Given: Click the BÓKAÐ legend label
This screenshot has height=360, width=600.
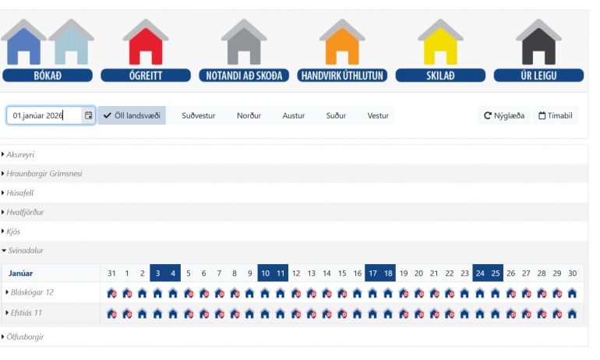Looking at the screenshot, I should click(48, 76).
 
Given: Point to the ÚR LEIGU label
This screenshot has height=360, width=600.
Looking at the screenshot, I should click(538, 76).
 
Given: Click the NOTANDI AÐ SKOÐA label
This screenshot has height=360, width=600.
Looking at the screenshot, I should click(244, 76).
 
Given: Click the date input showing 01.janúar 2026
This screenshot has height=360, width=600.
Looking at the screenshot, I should click(44, 115).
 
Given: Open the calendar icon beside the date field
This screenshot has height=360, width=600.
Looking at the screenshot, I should click(88, 115).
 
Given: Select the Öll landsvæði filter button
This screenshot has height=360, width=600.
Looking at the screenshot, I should click(132, 115).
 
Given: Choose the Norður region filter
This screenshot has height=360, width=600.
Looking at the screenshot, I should click(249, 115).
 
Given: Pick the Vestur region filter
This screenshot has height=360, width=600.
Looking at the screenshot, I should click(378, 115).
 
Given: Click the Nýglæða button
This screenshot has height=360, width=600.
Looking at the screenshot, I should click(504, 115).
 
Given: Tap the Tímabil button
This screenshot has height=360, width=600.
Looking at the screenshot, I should click(556, 115).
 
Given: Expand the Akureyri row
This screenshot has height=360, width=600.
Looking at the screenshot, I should click(20, 154).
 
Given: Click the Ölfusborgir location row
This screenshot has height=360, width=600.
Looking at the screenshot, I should click(25, 337).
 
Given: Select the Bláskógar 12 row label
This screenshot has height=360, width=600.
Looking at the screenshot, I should click(32, 292).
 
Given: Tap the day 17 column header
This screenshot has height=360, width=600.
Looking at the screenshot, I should click(372, 274).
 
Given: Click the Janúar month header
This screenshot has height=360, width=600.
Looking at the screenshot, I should click(21, 274).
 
